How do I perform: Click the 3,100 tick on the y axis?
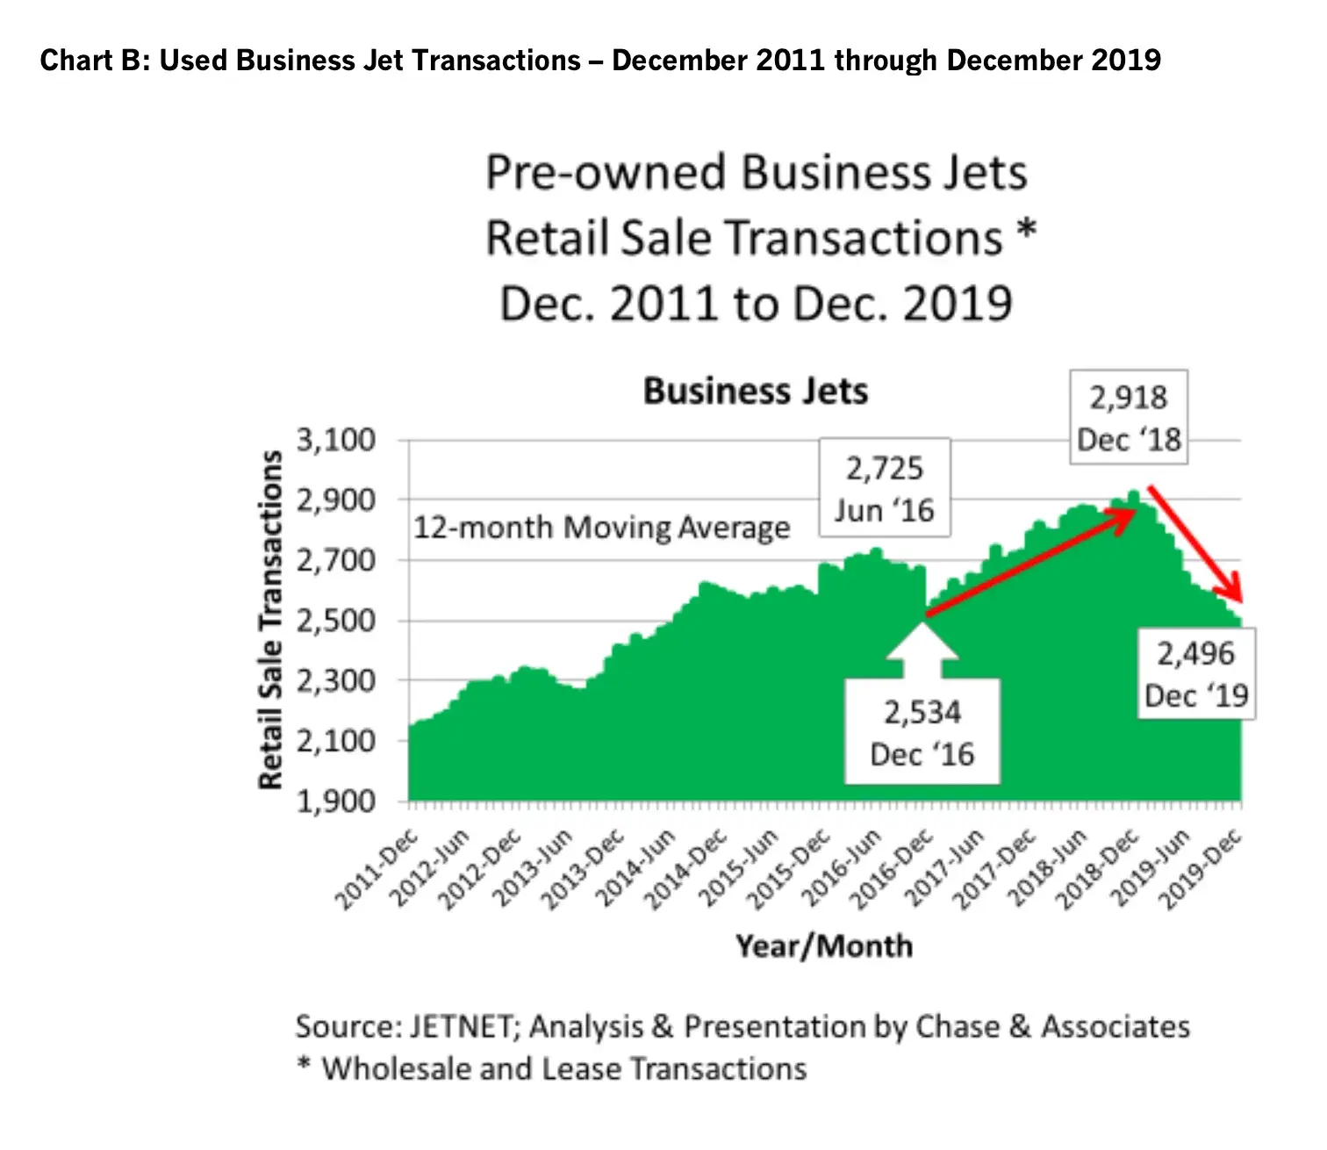335,440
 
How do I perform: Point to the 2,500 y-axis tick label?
335,621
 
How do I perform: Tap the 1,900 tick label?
335,801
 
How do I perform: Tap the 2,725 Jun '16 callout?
884,489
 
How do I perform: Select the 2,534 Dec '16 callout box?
922,733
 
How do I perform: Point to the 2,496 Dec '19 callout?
1196,674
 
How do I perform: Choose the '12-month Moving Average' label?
602,528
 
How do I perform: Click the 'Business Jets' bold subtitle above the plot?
756,392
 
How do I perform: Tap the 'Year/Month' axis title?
824,946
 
